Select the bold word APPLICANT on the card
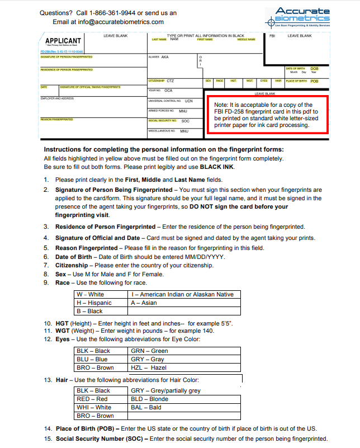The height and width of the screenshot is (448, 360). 63,41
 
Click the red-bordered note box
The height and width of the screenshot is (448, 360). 268,115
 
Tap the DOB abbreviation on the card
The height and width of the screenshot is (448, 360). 314,69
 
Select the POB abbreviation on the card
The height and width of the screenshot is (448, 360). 314,81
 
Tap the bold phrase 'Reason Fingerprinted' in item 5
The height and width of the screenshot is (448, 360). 87,248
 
